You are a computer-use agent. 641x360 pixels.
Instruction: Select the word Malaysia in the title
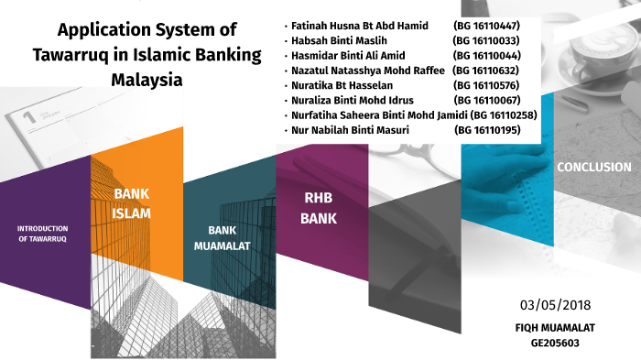pos(147,79)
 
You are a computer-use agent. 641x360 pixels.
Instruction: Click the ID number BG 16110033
pos(489,40)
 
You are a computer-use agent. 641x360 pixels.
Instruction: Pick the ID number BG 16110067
pos(489,99)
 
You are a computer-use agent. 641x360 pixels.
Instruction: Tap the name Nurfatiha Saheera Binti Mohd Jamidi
pos(378,115)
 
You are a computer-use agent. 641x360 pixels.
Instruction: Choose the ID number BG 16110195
pos(489,130)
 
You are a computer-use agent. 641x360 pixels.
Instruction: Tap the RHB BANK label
pos(320,208)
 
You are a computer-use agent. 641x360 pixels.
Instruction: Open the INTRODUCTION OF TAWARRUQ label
pos(43,233)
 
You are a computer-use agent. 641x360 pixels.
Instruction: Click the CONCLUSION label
pos(593,168)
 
